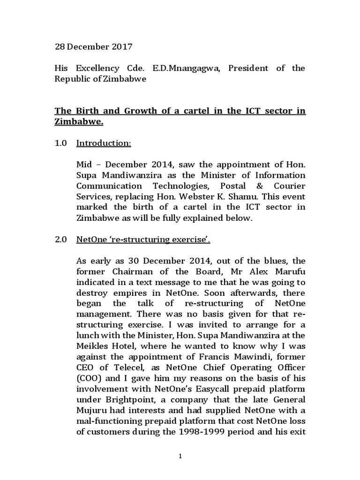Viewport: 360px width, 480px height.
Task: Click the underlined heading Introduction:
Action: coord(104,143)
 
